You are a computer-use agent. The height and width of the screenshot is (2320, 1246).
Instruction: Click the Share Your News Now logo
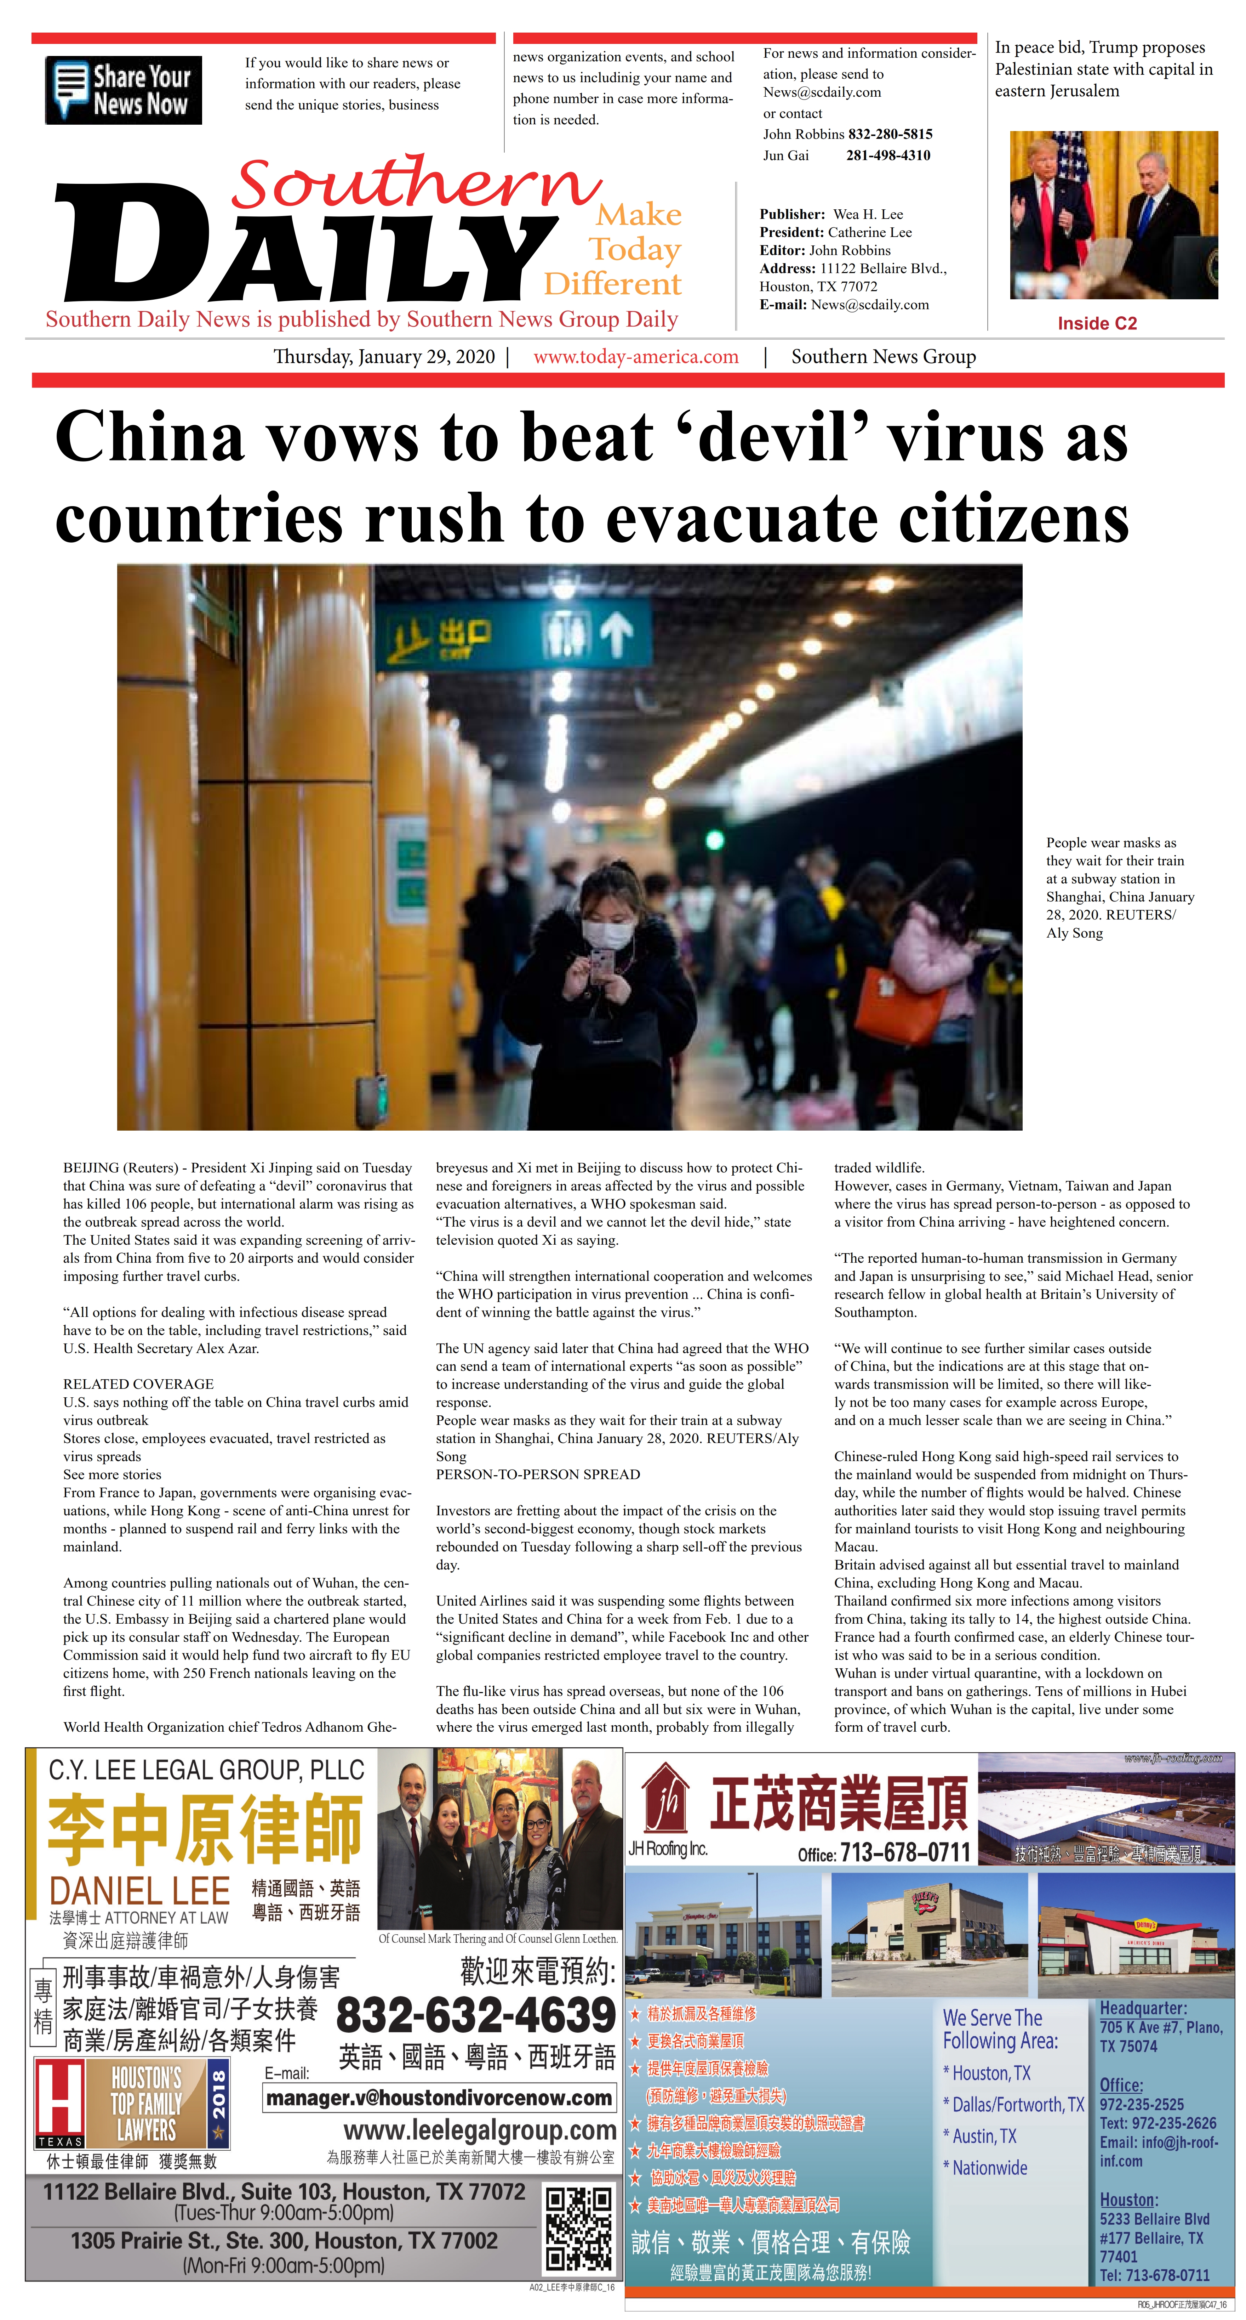tap(123, 90)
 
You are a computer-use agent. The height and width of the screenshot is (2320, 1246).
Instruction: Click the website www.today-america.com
tap(636, 357)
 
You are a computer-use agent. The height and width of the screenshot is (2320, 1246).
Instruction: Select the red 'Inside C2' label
tap(1097, 323)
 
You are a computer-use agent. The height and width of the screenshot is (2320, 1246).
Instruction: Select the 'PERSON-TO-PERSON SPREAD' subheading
tap(537, 1474)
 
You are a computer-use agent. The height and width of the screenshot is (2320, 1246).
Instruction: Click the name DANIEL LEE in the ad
tap(139, 1890)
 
